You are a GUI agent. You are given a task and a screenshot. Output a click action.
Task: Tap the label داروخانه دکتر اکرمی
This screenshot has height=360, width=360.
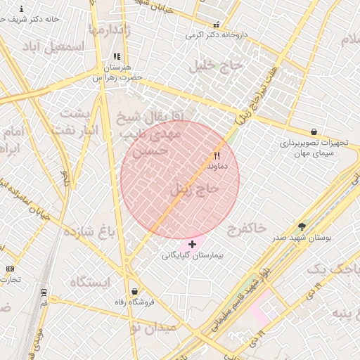[x=214, y=34]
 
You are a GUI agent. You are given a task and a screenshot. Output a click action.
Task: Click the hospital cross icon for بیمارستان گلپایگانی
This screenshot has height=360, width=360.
[x=193, y=244]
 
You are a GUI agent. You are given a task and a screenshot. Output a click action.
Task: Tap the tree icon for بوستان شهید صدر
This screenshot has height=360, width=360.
[x=302, y=227]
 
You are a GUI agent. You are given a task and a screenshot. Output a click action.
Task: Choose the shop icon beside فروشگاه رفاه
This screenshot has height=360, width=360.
[x=134, y=292]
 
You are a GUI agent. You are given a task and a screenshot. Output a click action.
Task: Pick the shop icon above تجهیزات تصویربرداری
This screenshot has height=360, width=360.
[x=314, y=131]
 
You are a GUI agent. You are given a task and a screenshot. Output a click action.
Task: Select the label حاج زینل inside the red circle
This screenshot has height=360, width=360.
[x=195, y=189]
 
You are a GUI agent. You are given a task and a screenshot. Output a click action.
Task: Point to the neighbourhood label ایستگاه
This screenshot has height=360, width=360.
[x=90, y=282]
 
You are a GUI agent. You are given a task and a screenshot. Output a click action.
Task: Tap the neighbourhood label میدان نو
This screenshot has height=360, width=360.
[x=155, y=328]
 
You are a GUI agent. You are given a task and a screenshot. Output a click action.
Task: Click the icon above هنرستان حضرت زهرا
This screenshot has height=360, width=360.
[x=117, y=57]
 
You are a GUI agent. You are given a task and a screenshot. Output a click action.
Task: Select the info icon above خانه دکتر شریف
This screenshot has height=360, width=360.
[x=21, y=9]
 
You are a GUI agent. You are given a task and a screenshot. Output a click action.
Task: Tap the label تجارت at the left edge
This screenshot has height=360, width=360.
[x=10, y=279]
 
